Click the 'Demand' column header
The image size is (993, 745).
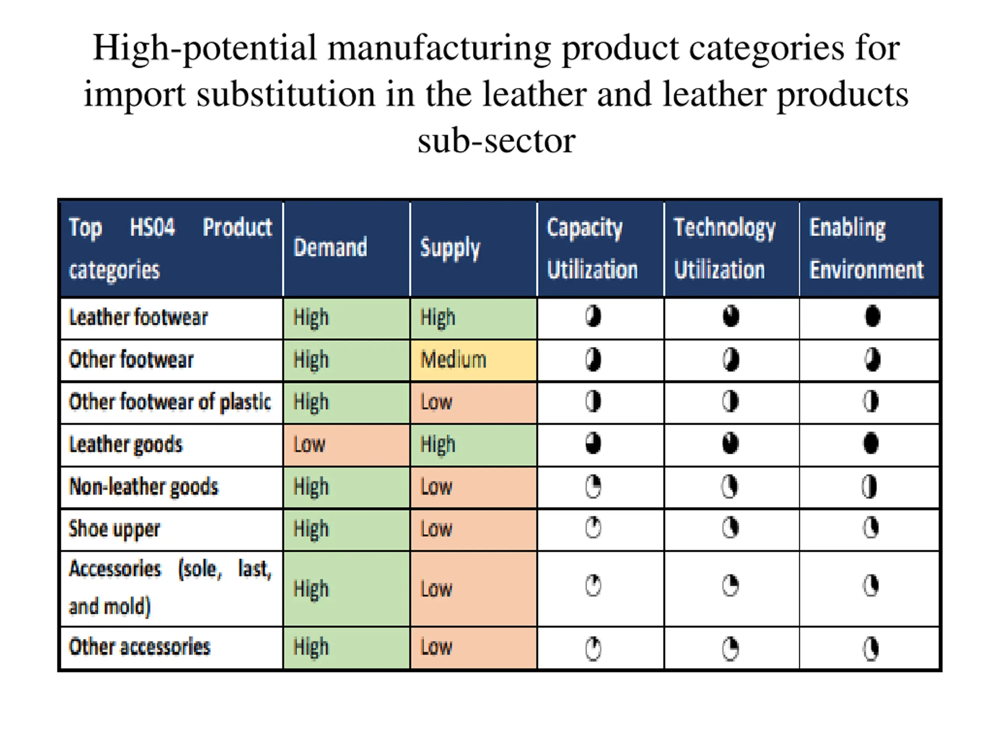click(330, 248)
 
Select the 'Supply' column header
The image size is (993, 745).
click(450, 248)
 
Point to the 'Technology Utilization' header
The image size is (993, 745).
click(724, 248)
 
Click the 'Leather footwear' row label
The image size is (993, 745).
click(138, 317)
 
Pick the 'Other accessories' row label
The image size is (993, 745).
click(139, 647)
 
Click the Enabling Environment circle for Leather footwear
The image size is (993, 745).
click(872, 316)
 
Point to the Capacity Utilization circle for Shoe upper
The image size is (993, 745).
click(593, 528)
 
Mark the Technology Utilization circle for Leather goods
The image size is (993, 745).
click(730, 443)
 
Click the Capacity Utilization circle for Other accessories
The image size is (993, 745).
click(593, 648)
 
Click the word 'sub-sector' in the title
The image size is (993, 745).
click(496, 141)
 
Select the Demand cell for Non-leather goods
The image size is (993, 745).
click(346, 487)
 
